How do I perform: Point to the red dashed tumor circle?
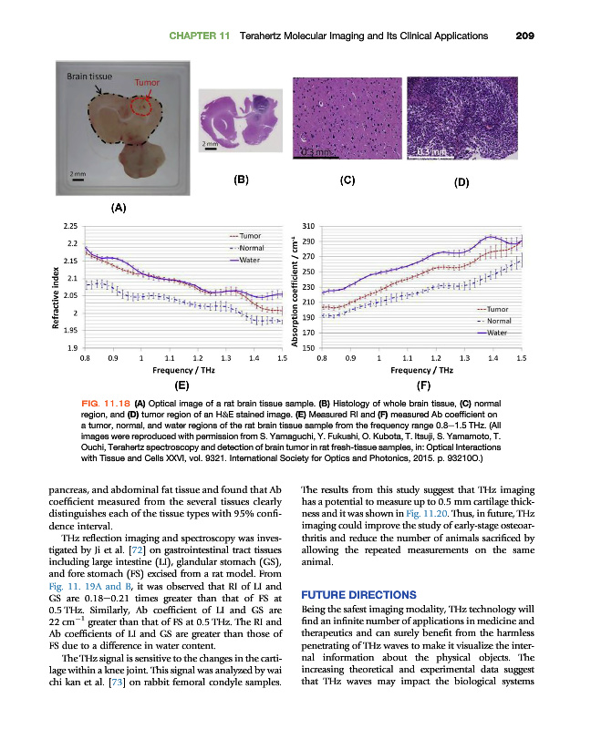pyautogui.click(x=140, y=107)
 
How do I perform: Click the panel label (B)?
pyautogui.click(x=242, y=180)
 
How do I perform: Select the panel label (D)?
pyautogui.click(x=461, y=182)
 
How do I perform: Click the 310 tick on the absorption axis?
pyautogui.click(x=308, y=225)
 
